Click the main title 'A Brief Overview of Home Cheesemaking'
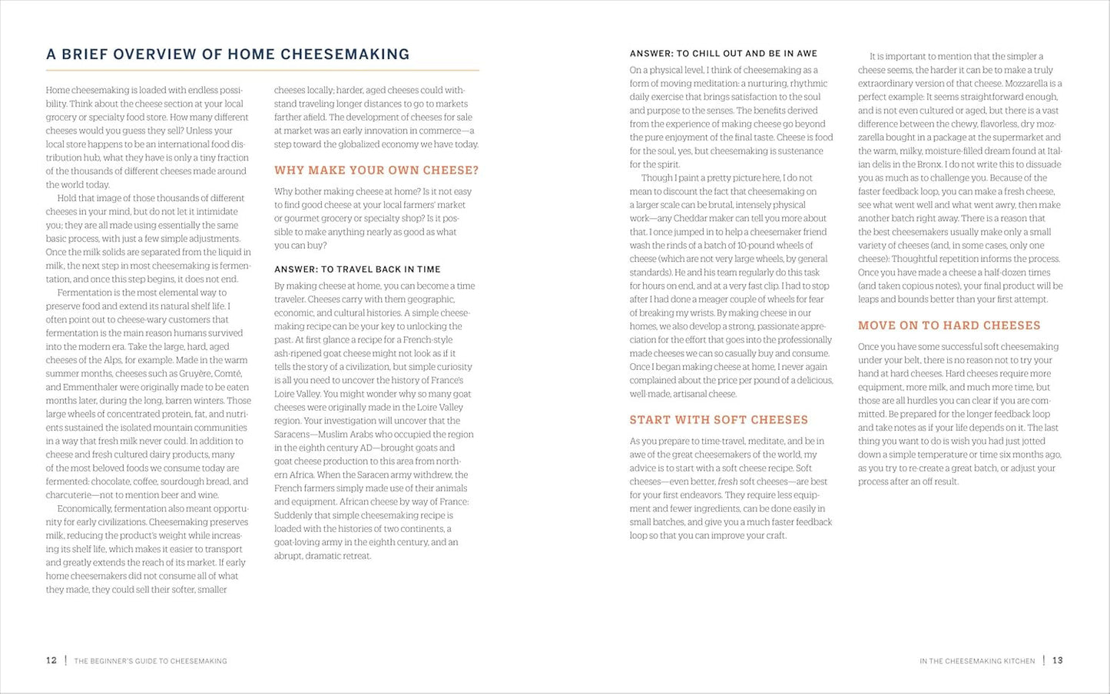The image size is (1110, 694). click(227, 55)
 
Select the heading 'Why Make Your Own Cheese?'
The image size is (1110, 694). click(376, 170)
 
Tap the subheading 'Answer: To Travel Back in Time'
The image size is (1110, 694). click(357, 269)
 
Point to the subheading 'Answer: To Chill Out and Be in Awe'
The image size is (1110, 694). click(723, 54)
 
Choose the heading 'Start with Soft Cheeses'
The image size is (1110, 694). click(718, 420)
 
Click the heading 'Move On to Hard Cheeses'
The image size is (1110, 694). click(949, 326)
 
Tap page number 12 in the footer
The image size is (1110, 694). click(51, 660)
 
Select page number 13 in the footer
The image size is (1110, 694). click(1057, 660)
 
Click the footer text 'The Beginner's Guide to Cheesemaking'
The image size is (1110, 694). click(151, 661)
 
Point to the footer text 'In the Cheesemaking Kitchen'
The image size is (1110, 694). click(977, 661)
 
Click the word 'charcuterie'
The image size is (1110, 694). click(71, 495)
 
